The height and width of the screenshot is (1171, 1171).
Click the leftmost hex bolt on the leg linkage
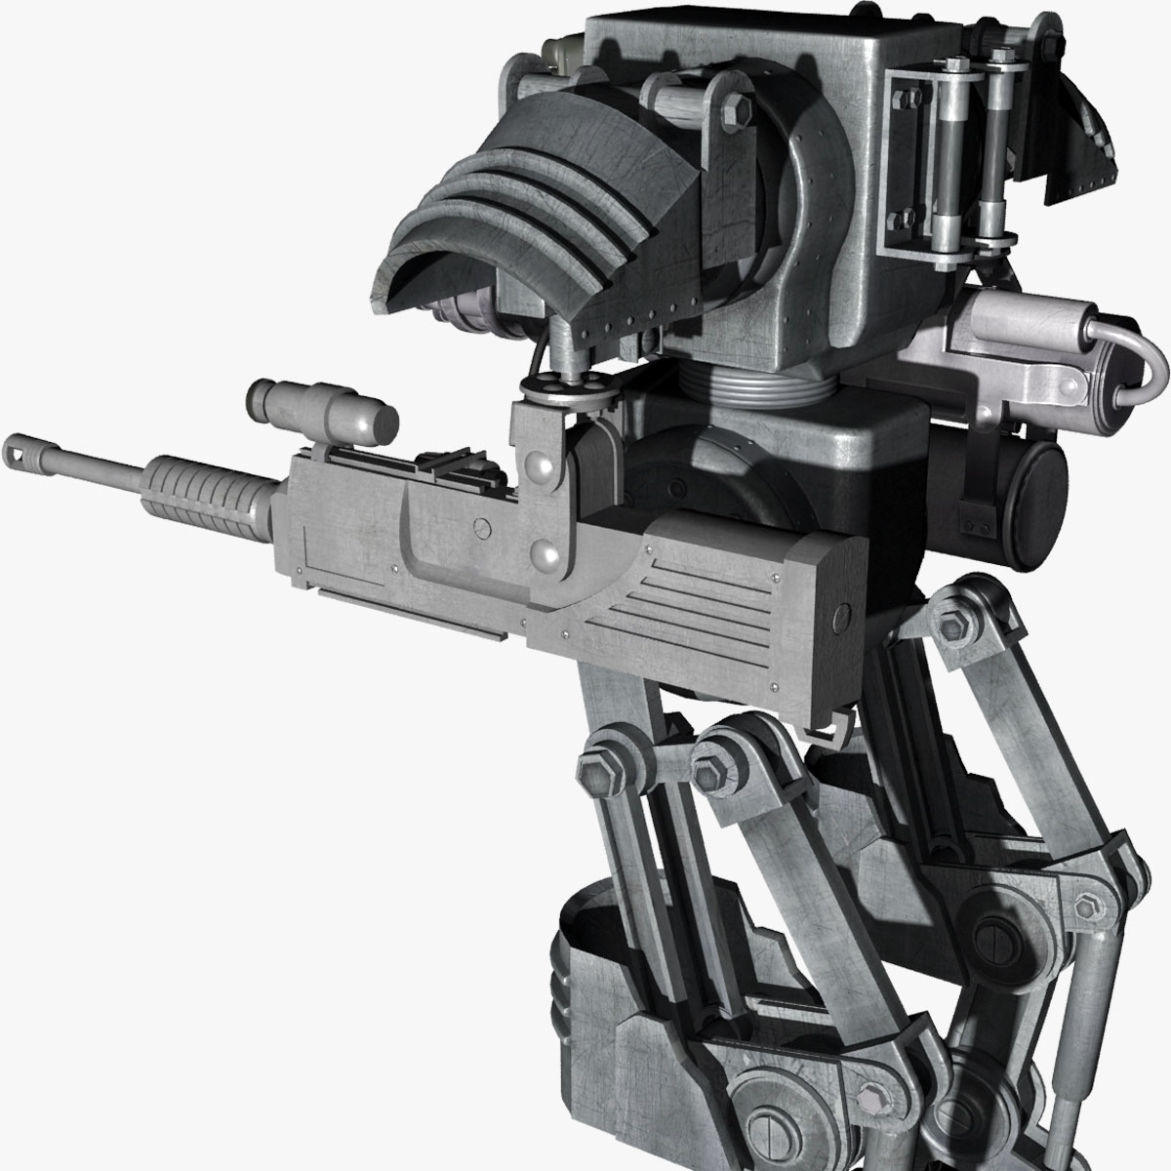click(x=595, y=756)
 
